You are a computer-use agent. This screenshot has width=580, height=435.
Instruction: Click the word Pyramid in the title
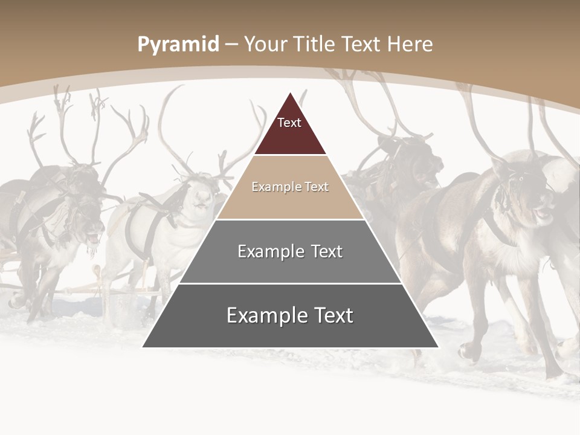pyautogui.click(x=178, y=45)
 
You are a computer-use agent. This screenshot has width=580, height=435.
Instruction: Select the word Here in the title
pyautogui.click(x=410, y=45)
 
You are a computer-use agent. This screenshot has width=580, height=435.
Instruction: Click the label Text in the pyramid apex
pyautogui.click(x=289, y=123)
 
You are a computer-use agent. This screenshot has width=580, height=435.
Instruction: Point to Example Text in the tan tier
pyautogui.click(x=290, y=187)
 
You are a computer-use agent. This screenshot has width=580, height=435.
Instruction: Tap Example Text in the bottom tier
pyautogui.click(x=290, y=315)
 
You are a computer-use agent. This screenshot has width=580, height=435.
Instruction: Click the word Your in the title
pyautogui.click(x=265, y=45)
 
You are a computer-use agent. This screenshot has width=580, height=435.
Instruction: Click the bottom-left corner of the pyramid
pyautogui.click(x=143, y=347)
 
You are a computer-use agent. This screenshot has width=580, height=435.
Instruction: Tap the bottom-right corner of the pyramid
pyautogui.click(x=438, y=347)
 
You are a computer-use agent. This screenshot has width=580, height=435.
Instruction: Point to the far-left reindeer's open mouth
pyautogui.click(x=92, y=233)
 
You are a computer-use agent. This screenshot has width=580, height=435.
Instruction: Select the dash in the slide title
pyautogui.click(x=231, y=45)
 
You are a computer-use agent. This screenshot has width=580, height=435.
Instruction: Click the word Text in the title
pyautogui.click(x=362, y=45)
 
